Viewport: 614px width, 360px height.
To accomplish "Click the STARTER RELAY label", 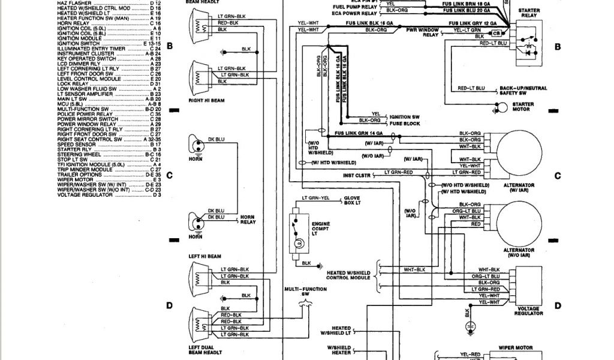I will (x=528, y=14).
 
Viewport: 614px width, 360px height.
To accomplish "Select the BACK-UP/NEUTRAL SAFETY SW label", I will (x=523, y=91).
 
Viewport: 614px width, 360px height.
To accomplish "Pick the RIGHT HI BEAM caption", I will (x=206, y=101).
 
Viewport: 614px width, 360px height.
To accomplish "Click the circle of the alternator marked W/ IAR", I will (x=518, y=151).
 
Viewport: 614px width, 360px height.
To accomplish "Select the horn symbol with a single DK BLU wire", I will (x=195, y=145).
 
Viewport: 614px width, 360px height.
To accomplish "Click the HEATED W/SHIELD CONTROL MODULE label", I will (x=350, y=275).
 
